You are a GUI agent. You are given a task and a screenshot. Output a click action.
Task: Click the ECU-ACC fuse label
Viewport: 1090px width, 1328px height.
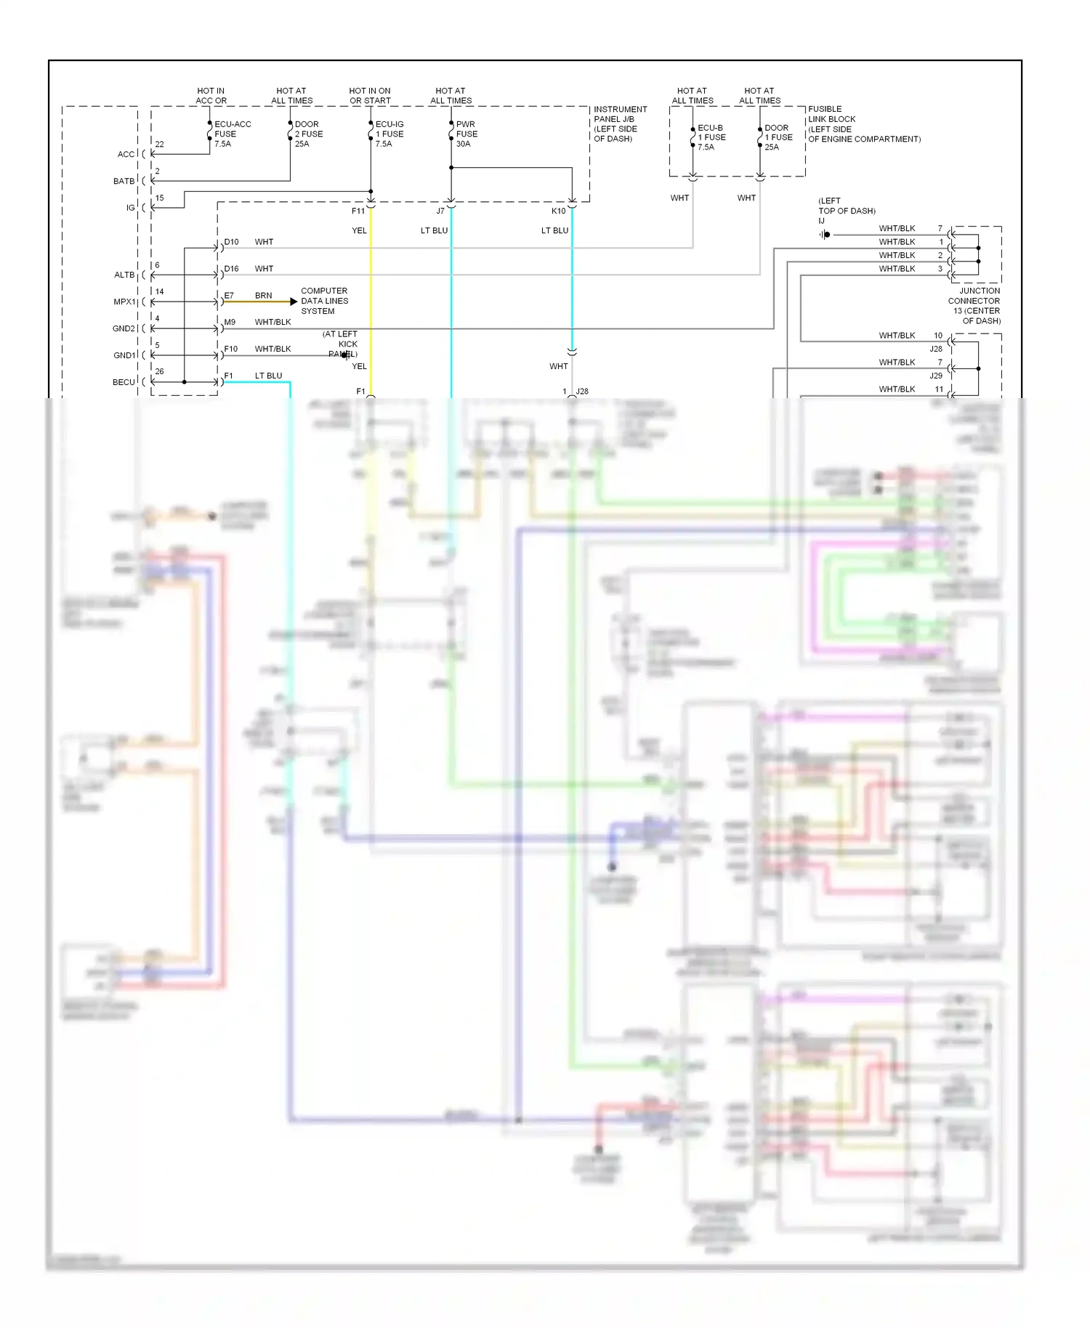(232, 134)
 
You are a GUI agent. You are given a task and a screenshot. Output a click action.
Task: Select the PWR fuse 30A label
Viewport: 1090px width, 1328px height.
(467, 134)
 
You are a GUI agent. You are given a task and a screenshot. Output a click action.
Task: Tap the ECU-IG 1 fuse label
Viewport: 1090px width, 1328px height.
(389, 134)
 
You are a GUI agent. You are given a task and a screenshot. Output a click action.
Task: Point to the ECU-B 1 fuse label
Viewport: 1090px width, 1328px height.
(711, 137)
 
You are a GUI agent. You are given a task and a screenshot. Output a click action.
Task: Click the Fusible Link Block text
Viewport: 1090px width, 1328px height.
(863, 124)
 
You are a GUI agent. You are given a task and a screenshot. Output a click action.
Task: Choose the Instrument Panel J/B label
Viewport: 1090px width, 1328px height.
(619, 124)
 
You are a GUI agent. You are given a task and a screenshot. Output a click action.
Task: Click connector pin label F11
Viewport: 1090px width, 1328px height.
(358, 211)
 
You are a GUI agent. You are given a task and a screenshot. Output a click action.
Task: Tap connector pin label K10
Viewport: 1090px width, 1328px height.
(558, 211)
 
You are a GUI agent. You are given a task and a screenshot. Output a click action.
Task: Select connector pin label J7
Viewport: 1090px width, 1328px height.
(440, 211)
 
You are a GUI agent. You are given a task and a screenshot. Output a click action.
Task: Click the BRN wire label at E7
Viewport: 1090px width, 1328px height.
(264, 296)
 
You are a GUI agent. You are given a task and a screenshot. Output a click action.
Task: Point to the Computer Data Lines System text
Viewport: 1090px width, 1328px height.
(324, 301)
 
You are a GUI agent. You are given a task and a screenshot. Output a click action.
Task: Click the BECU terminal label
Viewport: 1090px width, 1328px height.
(124, 382)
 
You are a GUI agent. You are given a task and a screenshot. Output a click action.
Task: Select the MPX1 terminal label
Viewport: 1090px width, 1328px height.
(124, 301)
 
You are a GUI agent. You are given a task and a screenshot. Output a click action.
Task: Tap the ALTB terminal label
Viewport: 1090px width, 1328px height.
(124, 275)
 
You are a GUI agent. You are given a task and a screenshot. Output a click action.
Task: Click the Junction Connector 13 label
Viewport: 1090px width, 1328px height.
(974, 305)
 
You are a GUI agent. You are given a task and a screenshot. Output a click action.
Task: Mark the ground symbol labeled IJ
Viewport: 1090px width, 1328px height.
(825, 235)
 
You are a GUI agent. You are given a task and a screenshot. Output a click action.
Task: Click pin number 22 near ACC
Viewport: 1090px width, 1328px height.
(159, 145)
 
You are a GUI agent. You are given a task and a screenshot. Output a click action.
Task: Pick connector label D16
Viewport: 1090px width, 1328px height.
(231, 269)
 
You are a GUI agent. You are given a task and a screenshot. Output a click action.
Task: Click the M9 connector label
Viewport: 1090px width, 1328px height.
(230, 322)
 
